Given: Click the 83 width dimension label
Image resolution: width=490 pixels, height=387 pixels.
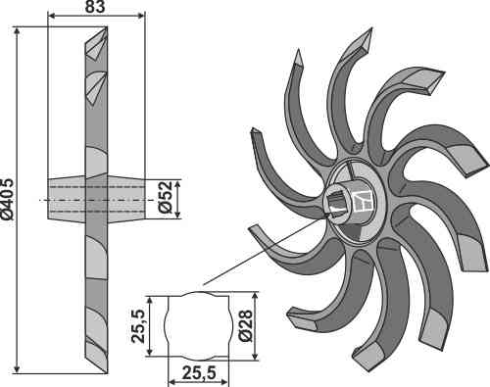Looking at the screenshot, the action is tap(95, 7).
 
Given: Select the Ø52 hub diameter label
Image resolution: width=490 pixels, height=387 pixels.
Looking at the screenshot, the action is tap(166, 197).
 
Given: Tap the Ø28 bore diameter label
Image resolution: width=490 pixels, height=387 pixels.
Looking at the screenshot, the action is tap(245, 325).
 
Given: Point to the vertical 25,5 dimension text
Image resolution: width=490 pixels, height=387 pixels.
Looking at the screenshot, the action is tap(137, 326).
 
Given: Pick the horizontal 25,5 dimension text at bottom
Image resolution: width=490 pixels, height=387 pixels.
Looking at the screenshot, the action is tap(199, 373).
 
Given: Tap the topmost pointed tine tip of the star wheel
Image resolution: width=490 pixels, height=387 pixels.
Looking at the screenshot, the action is tap(371, 28).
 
